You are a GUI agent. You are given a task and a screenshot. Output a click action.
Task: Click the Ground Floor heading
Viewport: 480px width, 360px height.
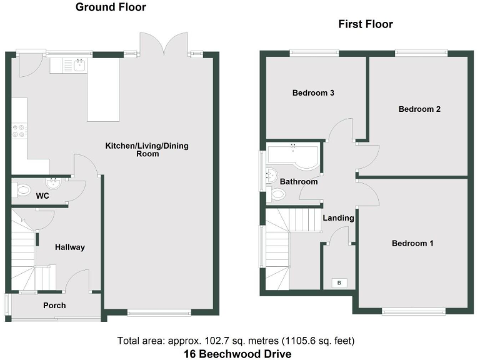[x=111, y=7]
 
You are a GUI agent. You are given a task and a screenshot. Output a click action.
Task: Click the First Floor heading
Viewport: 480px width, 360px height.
[x=366, y=24]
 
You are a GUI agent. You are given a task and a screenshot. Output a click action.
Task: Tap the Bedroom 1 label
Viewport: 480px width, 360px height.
[x=412, y=243]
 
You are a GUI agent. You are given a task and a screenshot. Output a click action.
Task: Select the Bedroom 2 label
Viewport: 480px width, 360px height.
[x=419, y=109]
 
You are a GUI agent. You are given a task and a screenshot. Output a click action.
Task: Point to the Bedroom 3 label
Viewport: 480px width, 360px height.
[x=313, y=93]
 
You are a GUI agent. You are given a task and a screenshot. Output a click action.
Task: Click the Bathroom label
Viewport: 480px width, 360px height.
[x=298, y=182]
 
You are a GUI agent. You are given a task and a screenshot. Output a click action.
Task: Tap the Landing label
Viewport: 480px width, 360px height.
[x=339, y=218]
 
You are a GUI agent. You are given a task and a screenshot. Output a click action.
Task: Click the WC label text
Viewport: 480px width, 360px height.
[x=42, y=196]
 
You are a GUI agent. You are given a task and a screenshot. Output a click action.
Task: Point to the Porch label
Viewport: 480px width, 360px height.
[x=54, y=306]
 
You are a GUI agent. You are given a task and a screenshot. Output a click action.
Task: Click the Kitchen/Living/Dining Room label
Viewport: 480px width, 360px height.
[x=146, y=149]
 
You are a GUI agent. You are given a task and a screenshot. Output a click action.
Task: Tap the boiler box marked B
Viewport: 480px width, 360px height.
[x=339, y=283]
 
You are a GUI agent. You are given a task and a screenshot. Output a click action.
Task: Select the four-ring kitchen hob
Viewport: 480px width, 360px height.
[x=19, y=131]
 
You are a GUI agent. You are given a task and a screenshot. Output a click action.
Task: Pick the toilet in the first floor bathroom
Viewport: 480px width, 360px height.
[x=277, y=194]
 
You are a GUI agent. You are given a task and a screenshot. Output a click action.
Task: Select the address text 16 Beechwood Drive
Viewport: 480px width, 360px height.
[x=237, y=354]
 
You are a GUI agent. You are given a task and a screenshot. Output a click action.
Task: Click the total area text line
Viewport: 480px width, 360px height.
[x=236, y=341]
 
